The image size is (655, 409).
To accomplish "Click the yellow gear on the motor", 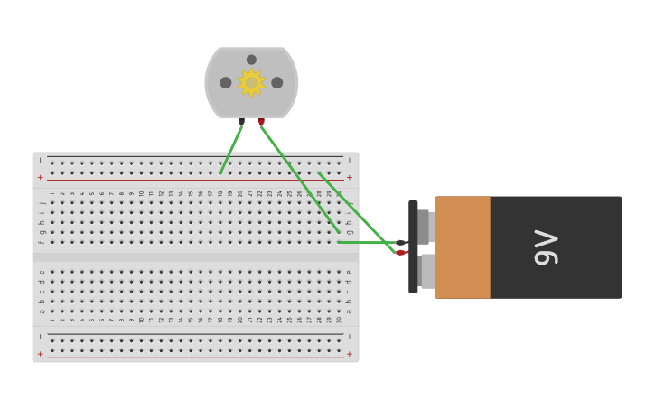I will click(251, 82).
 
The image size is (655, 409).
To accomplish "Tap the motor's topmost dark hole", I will click(251, 60).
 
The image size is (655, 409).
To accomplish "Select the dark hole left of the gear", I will click(226, 82).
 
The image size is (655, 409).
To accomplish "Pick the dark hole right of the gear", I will click(276, 82).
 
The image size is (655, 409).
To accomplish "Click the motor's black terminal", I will click(241, 120).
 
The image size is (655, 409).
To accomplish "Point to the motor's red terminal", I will click(261, 120).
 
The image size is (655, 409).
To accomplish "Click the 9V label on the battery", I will click(547, 247).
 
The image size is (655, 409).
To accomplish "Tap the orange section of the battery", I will click(463, 247).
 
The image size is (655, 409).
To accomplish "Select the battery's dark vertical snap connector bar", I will click(413, 246).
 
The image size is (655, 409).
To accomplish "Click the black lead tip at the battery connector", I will click(400, 242).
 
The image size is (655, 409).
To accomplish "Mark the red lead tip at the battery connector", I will click(400, 253).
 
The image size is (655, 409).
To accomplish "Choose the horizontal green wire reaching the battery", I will click(366, 242).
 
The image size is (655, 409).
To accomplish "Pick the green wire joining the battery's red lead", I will click(357, 212).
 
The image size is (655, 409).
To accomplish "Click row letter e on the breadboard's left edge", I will click(42, 271).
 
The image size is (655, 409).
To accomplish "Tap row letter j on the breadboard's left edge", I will click(42, 202).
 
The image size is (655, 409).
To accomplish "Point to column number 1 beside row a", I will click(52, 319).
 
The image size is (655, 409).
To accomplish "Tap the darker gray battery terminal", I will click(424, 227).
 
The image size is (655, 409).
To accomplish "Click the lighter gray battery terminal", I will click(427, 271).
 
